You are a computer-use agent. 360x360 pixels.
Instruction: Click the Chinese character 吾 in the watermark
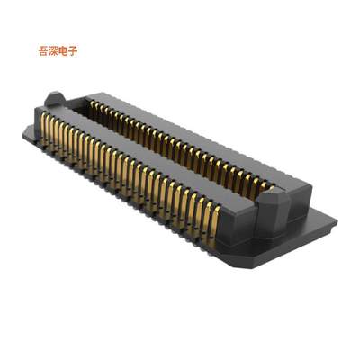35,51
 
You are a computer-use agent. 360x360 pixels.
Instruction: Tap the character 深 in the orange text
47,51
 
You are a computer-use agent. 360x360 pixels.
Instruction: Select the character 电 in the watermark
59,51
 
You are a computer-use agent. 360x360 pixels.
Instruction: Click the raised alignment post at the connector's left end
56,97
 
